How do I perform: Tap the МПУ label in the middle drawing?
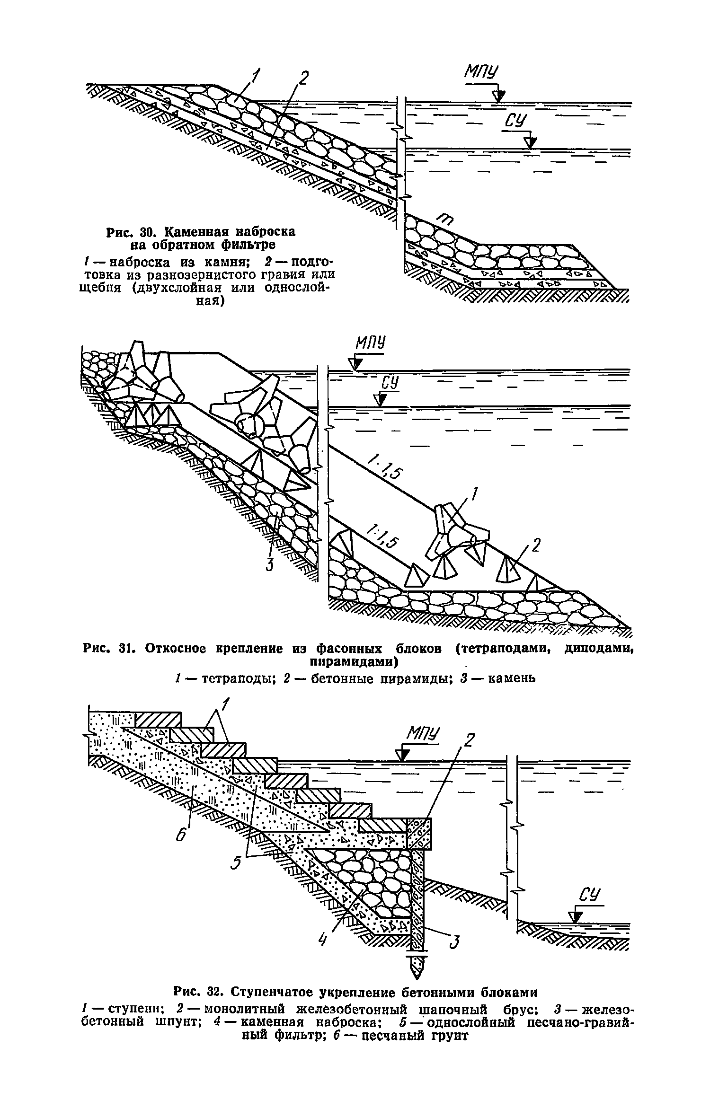(370, 344)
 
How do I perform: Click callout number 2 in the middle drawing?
(535, 546)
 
